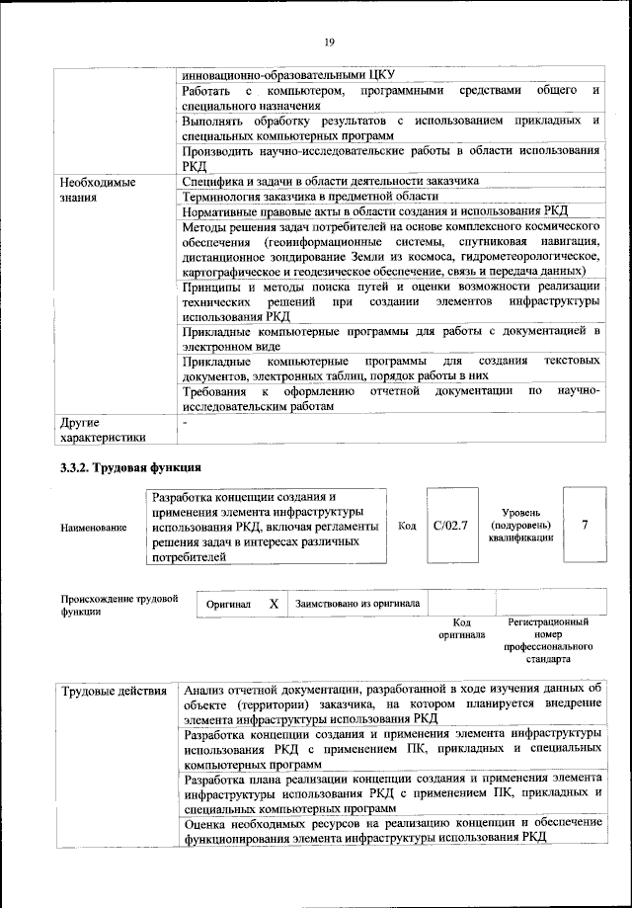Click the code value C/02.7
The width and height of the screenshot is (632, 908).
pos(449,526)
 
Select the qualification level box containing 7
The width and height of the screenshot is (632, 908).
pos(584,525)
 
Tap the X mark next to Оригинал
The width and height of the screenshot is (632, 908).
pos(273,603)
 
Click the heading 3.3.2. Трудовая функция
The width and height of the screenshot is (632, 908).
pos(130,466)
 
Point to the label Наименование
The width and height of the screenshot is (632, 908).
pos(94,528)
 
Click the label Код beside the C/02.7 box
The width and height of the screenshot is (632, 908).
pos(406,526)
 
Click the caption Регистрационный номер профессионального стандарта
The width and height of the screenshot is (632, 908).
pos(548,643)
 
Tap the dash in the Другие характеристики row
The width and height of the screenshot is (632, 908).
pos(186,422)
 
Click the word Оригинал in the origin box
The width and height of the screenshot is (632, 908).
pos(228,603)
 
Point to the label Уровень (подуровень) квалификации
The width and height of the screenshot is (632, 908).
pos(519,526)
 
